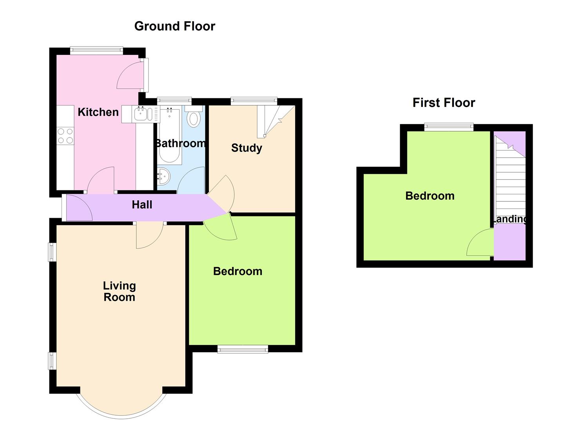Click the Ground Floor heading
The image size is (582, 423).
[x=175, y=26]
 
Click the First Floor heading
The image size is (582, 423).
[x=444, y=103]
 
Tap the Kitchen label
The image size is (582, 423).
[x=98, y=112]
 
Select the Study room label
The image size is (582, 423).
[x=247, y=148]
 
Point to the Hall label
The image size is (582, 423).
[x=142, y=204]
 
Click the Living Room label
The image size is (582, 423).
[x=119, y=291]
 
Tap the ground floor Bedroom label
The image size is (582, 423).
[x=238, y=271]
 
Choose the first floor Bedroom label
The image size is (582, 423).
[x=430, y=196]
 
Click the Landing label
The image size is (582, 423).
[x=510, y=219]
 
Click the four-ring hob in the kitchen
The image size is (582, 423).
[x=65, y=136]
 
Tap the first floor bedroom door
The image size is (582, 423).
[x=480, y=242]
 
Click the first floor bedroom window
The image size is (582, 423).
[x=449, y=127]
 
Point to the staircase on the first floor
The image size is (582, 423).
[x=510, y=179]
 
